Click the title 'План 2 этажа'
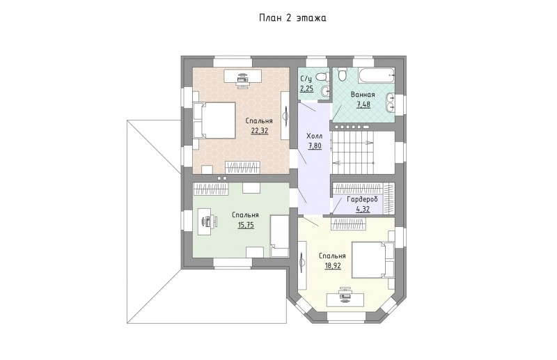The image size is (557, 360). point(292,18)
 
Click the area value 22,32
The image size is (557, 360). point(259,130)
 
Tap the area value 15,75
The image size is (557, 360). point(246,225)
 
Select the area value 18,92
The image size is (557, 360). point(333,265)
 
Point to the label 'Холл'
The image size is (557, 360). point(315,136)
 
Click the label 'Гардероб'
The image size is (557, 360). point(362,199)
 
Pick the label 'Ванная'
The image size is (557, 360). point(363,95)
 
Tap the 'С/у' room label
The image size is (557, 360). point(306,79)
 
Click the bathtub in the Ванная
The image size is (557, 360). point(377,75)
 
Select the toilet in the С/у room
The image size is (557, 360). point(323,77)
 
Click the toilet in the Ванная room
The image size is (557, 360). point(342,74)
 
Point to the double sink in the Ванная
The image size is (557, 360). point(390,102)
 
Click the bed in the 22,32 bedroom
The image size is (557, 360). point(214,120)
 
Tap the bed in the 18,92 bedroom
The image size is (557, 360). point(373,260)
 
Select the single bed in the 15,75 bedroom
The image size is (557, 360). point(280,236)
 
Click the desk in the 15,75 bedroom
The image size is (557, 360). point(205,221)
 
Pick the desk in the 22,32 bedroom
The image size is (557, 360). point(243,76)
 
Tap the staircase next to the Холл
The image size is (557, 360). point(363,152)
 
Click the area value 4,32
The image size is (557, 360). point(363,210)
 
